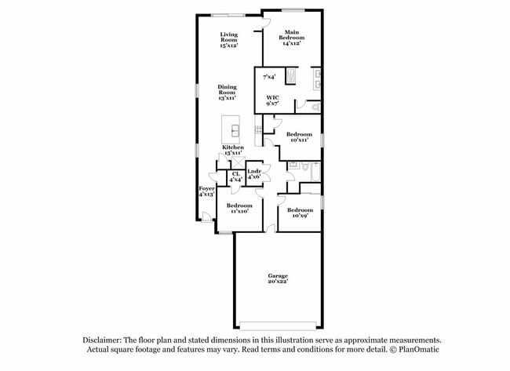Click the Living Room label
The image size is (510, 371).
point(228,39)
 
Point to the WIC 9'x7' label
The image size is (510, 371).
point(272,100)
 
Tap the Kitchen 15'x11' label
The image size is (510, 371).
point(233,150)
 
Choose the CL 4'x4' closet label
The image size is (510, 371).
point(235,177)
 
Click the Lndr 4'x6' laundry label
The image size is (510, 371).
point(254,173)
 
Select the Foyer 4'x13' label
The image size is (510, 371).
point(206,191)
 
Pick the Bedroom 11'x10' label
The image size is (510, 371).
point(240,208)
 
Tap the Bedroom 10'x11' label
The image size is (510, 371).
point(299,136)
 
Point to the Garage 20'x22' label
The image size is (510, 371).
point(278,278)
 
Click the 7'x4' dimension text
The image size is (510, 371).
point(269,77)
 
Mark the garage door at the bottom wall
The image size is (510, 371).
point(279,326)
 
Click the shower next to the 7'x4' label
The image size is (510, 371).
point(291,76)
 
